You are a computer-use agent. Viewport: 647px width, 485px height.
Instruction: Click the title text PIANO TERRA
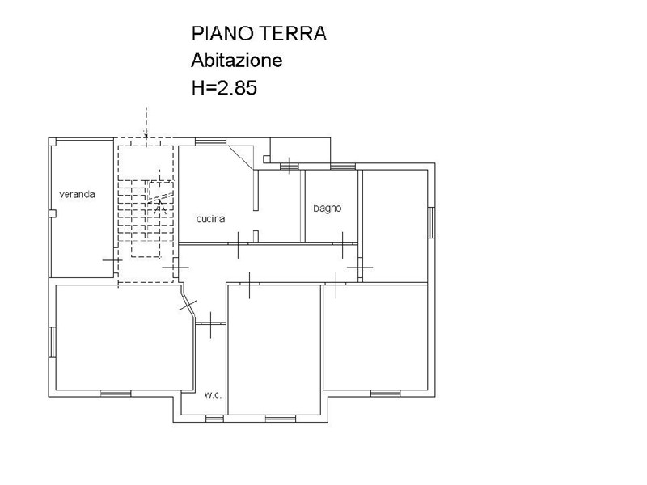click(259, 33)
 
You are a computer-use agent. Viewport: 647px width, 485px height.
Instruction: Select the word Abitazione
click(236, 60)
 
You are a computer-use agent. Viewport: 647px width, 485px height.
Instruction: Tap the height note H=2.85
click(224, 87)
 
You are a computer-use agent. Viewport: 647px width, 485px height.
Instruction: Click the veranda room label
click(77, 194)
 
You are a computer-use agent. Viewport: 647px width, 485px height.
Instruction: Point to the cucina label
click(210, 219)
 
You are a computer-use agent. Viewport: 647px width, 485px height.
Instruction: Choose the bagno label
click(328, 209)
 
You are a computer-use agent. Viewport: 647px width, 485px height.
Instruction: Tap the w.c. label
click(213, 395)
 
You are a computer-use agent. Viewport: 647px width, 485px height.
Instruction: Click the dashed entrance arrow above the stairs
click(146, 122)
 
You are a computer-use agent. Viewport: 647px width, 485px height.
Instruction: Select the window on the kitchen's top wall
click(211, 141)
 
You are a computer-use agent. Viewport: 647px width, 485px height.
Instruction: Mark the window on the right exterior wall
click(431, 222)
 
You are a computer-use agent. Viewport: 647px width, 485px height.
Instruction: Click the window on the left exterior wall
click(53, 342)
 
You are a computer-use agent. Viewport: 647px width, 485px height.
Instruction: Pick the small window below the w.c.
click(214, 419)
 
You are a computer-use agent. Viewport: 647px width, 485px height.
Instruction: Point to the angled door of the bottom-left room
click(188, 305)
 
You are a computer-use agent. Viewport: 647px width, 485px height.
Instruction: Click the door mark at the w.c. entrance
click(210, 325)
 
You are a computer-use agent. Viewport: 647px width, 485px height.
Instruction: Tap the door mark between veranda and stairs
click(112, 260)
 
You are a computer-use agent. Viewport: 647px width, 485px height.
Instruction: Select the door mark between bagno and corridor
click(343, 245)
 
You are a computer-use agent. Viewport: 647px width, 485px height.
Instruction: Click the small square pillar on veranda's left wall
click(53, 213)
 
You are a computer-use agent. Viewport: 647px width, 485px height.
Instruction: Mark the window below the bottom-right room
click(386, 394)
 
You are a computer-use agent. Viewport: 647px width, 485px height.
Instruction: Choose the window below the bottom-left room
click(116, 394)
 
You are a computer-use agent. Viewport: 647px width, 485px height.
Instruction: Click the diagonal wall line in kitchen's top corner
click(240, 157)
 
